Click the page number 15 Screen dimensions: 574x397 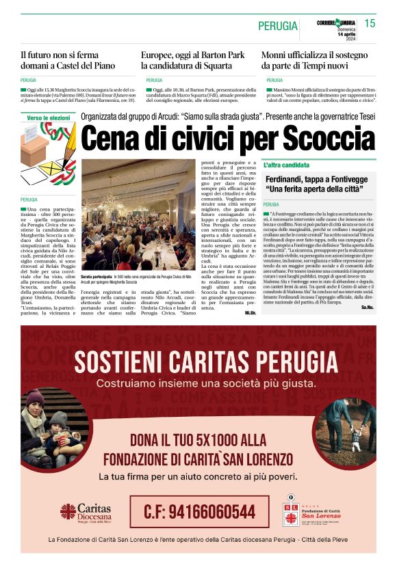click(x=370, y=24)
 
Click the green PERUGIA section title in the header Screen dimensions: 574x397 click(x=277, y=26)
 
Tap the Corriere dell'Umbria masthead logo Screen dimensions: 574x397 click(x=335, y=23)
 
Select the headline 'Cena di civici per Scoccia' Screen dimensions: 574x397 click(x=229, y=138)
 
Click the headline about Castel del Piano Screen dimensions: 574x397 click(x=68, y=60)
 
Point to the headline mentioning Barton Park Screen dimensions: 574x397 click(x=192, y=60)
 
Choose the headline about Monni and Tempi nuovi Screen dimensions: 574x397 click(x=313, y=60)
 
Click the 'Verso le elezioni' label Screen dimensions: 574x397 click(x=49, y=118)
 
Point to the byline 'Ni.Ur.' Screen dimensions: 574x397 click(x=250, y=313)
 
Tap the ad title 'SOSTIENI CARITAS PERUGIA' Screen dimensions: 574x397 click(x=198, y=360)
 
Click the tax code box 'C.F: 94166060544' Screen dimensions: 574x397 click(x=199, y=511)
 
